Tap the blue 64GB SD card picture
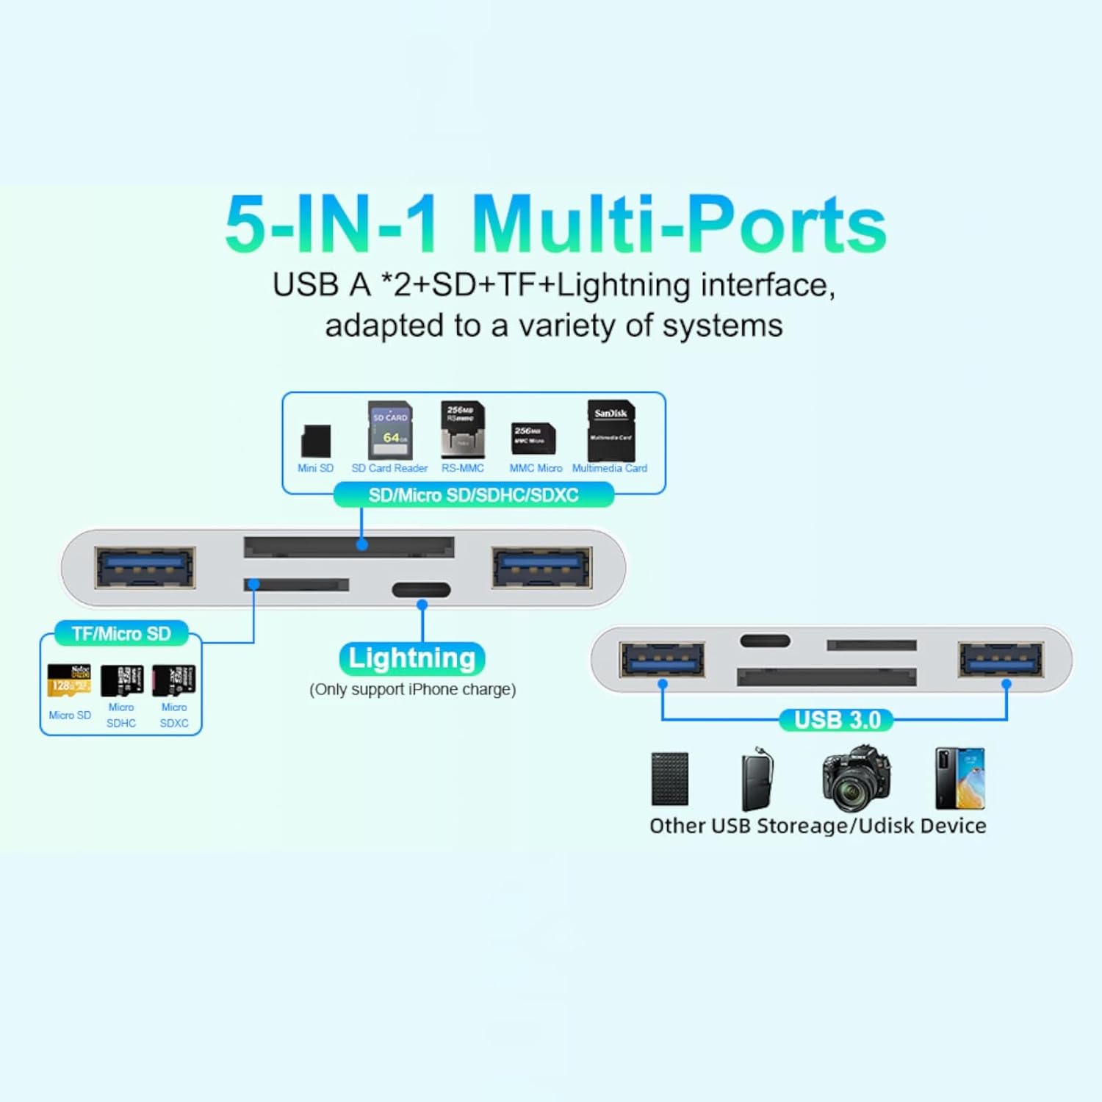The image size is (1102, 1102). pos(389,431)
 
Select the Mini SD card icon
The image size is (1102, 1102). pos(316,441)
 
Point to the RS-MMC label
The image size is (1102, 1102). pos(463,468)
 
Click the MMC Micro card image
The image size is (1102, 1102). pos(533,439)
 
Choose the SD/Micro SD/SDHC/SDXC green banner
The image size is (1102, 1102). pos(474,495)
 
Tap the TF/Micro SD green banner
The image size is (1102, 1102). pos(121,633)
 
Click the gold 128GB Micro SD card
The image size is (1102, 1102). pos(69,680)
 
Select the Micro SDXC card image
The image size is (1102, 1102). pos(174,680)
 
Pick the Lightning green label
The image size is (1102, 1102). pos(412,658)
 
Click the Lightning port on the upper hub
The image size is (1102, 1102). pos(421,590)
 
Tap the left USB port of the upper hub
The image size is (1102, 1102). pos(145,567)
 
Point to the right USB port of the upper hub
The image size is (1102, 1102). pos(542,567)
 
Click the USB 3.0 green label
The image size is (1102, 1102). pos(837,720)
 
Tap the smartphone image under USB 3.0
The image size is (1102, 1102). pos(959,778)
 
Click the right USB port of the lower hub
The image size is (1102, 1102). pos(1000,659)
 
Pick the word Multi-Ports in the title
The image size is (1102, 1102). pos(680,224)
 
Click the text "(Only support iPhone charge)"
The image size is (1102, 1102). pos(413,689)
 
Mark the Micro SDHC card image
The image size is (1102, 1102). pos(122,680)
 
